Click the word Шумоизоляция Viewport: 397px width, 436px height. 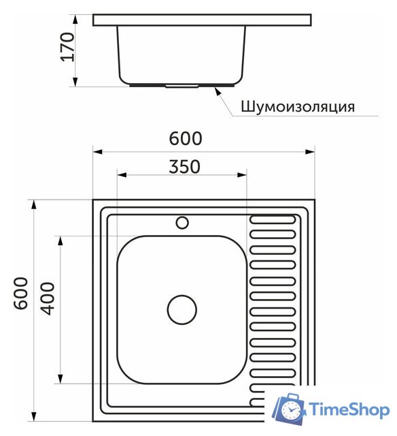(x=297, y=107)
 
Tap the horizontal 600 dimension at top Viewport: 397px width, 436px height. (x=185, y=138)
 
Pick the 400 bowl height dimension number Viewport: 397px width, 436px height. (x=48, y=298)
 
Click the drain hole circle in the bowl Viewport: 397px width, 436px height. (x=182, y=310)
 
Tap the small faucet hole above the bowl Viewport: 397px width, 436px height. (x=182, y=222)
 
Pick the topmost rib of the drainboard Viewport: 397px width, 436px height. (x=273, y=220)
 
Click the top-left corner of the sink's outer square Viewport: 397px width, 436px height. (x=94, y=200)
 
